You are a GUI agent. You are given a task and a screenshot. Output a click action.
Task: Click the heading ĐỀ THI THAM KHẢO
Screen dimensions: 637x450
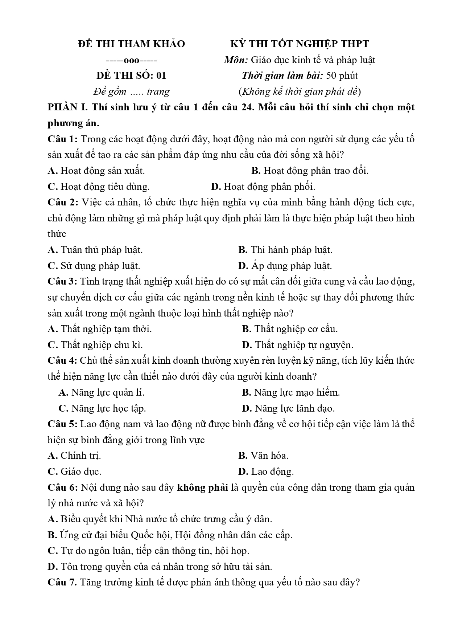point(131,44)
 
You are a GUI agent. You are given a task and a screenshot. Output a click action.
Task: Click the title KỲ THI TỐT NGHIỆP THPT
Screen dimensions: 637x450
point(300,44)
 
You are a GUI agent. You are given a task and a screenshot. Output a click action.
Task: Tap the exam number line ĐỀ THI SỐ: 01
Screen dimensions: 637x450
point(131,75)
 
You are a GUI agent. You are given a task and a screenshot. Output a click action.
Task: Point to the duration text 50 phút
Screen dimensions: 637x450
point(342,75)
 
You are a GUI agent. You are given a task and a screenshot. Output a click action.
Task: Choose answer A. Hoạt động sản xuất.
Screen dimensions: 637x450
point(96,171)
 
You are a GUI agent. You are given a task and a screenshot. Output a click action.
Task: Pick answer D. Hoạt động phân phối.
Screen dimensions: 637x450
point(263,187)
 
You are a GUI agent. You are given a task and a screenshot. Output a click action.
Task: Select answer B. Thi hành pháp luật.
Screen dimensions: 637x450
point(285,250)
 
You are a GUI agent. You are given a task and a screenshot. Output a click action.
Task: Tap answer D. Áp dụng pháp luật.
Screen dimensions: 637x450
point(285,266)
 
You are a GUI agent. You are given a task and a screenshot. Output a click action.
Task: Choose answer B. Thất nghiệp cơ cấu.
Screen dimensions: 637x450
point(289,329)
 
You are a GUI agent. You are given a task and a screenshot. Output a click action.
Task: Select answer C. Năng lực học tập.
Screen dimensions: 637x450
point(102,408)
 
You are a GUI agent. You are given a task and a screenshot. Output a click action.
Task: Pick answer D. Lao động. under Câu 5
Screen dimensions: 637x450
point(266,471)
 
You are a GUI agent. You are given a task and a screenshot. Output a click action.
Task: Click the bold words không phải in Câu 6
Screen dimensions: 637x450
point(202,487)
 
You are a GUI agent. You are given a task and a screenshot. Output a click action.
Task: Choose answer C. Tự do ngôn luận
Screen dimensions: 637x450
point(148,551)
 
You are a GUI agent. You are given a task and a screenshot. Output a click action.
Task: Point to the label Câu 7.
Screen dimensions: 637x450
point(62,582)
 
